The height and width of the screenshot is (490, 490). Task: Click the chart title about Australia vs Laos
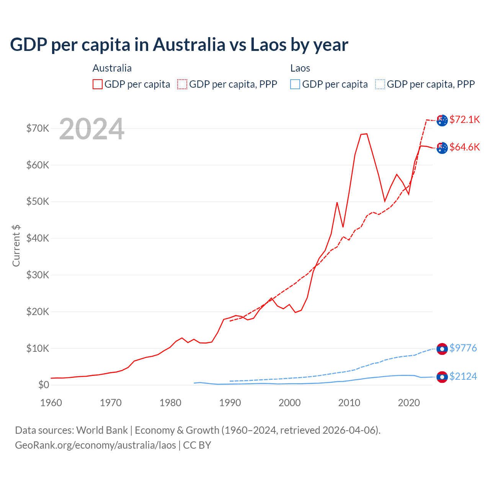coord(179,44)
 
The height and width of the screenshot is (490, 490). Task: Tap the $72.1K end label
coord(464,119)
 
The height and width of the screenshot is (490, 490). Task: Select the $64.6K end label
coord(464,147)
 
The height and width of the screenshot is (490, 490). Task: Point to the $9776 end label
coord(463,348)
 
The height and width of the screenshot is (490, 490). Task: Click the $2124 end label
coord(463,376)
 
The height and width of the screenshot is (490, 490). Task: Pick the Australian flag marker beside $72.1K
coord(442,120)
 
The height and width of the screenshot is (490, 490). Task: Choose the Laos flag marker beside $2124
coord(442,377)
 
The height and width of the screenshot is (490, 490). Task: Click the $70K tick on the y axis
coord(38,128)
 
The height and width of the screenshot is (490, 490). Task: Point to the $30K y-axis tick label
coord(38,275)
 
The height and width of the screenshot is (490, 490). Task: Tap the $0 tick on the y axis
coord(43,385)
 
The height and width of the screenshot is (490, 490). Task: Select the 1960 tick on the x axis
coord(51,403)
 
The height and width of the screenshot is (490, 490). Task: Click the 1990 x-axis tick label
coord(230,403)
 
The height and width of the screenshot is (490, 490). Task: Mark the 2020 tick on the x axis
coord(409,403)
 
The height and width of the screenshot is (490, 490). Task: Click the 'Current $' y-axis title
coord(16,245)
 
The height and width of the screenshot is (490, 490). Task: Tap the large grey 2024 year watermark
coord(91,129)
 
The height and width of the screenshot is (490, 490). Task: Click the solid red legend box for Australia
coord(98,84)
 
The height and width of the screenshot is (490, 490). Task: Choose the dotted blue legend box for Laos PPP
coord(380,84)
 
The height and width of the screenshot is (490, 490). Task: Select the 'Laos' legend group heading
coord(300,68)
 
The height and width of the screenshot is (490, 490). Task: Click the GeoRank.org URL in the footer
coord(95,445)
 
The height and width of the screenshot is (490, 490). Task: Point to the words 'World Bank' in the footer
coord(102,430)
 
